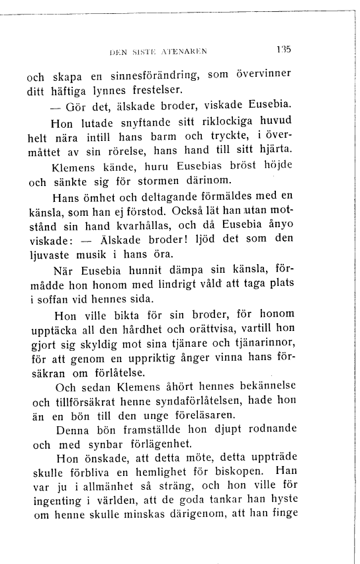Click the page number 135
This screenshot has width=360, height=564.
click(285, 48)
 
